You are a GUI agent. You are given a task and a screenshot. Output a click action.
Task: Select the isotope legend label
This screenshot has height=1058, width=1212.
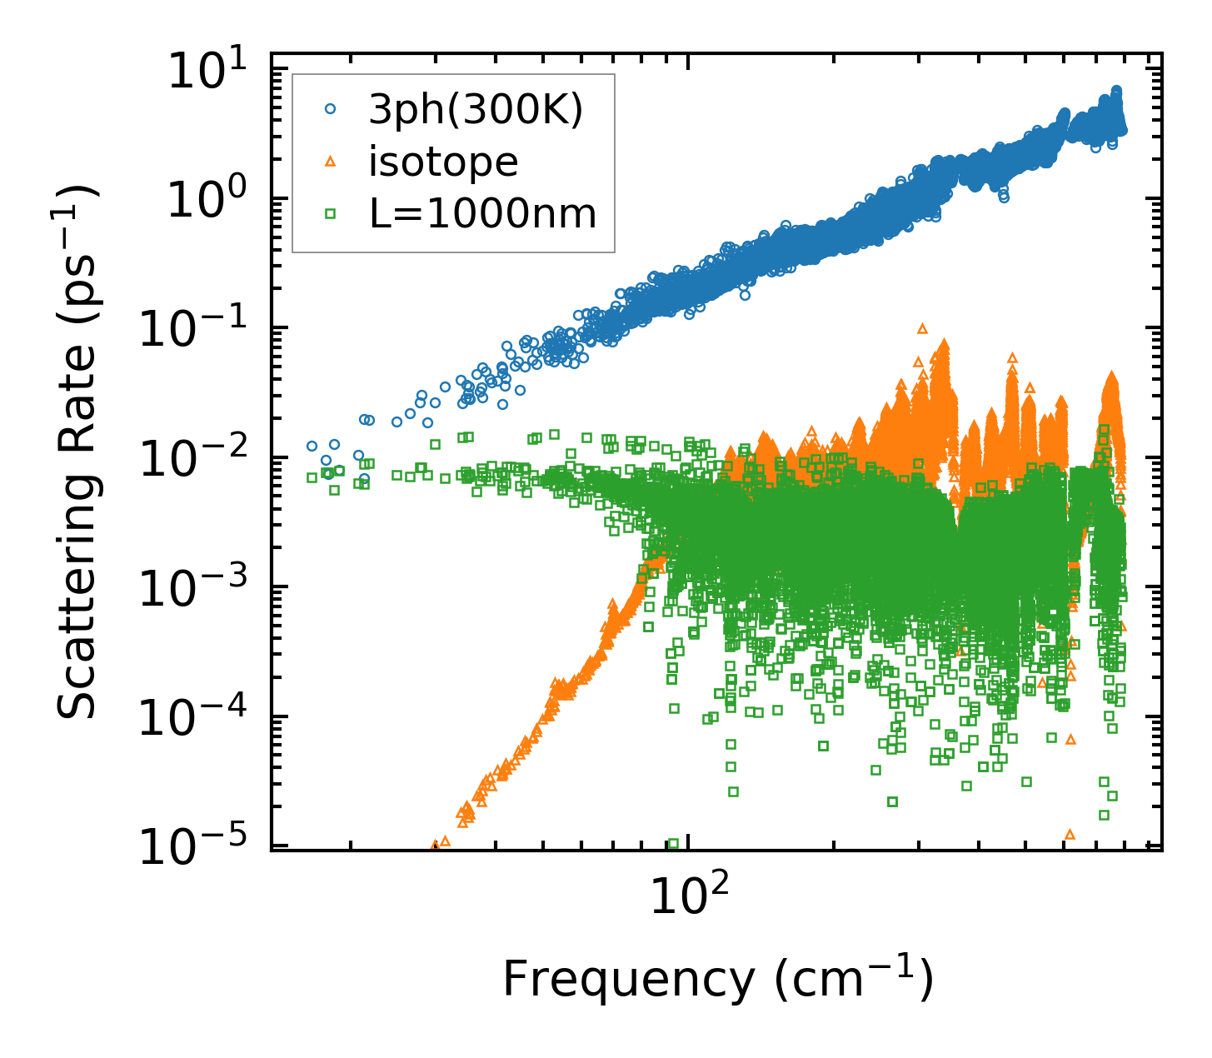point(443,162)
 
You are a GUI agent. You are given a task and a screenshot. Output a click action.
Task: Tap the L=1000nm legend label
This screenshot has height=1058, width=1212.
point(483,214)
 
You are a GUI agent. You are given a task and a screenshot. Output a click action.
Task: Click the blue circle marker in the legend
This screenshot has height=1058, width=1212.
point(331,108)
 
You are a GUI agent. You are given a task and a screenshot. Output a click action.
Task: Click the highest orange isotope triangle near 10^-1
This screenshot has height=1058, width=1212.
point(922,328)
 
